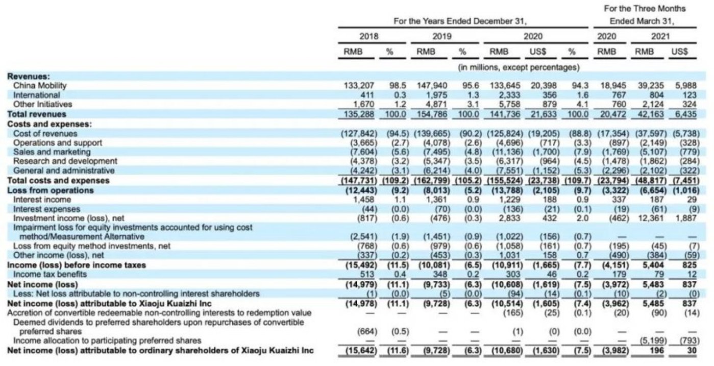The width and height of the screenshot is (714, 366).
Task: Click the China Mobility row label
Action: point(40,85)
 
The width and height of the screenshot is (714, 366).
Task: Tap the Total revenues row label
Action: point(37,114)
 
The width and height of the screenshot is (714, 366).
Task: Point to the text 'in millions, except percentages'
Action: point(518,67)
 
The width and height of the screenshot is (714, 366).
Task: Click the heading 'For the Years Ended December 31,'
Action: point(460,21)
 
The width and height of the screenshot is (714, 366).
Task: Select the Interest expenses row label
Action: point(46,209)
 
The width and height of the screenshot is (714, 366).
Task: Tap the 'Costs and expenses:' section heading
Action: point(42,124)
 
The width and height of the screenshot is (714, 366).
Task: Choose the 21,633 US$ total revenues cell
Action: point(543,114)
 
